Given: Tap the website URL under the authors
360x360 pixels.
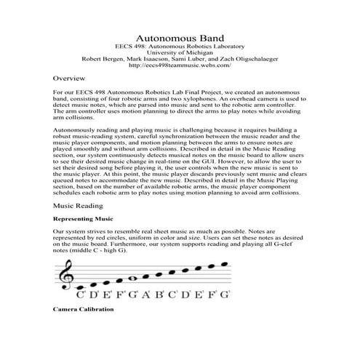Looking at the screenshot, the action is pos(180,65).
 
